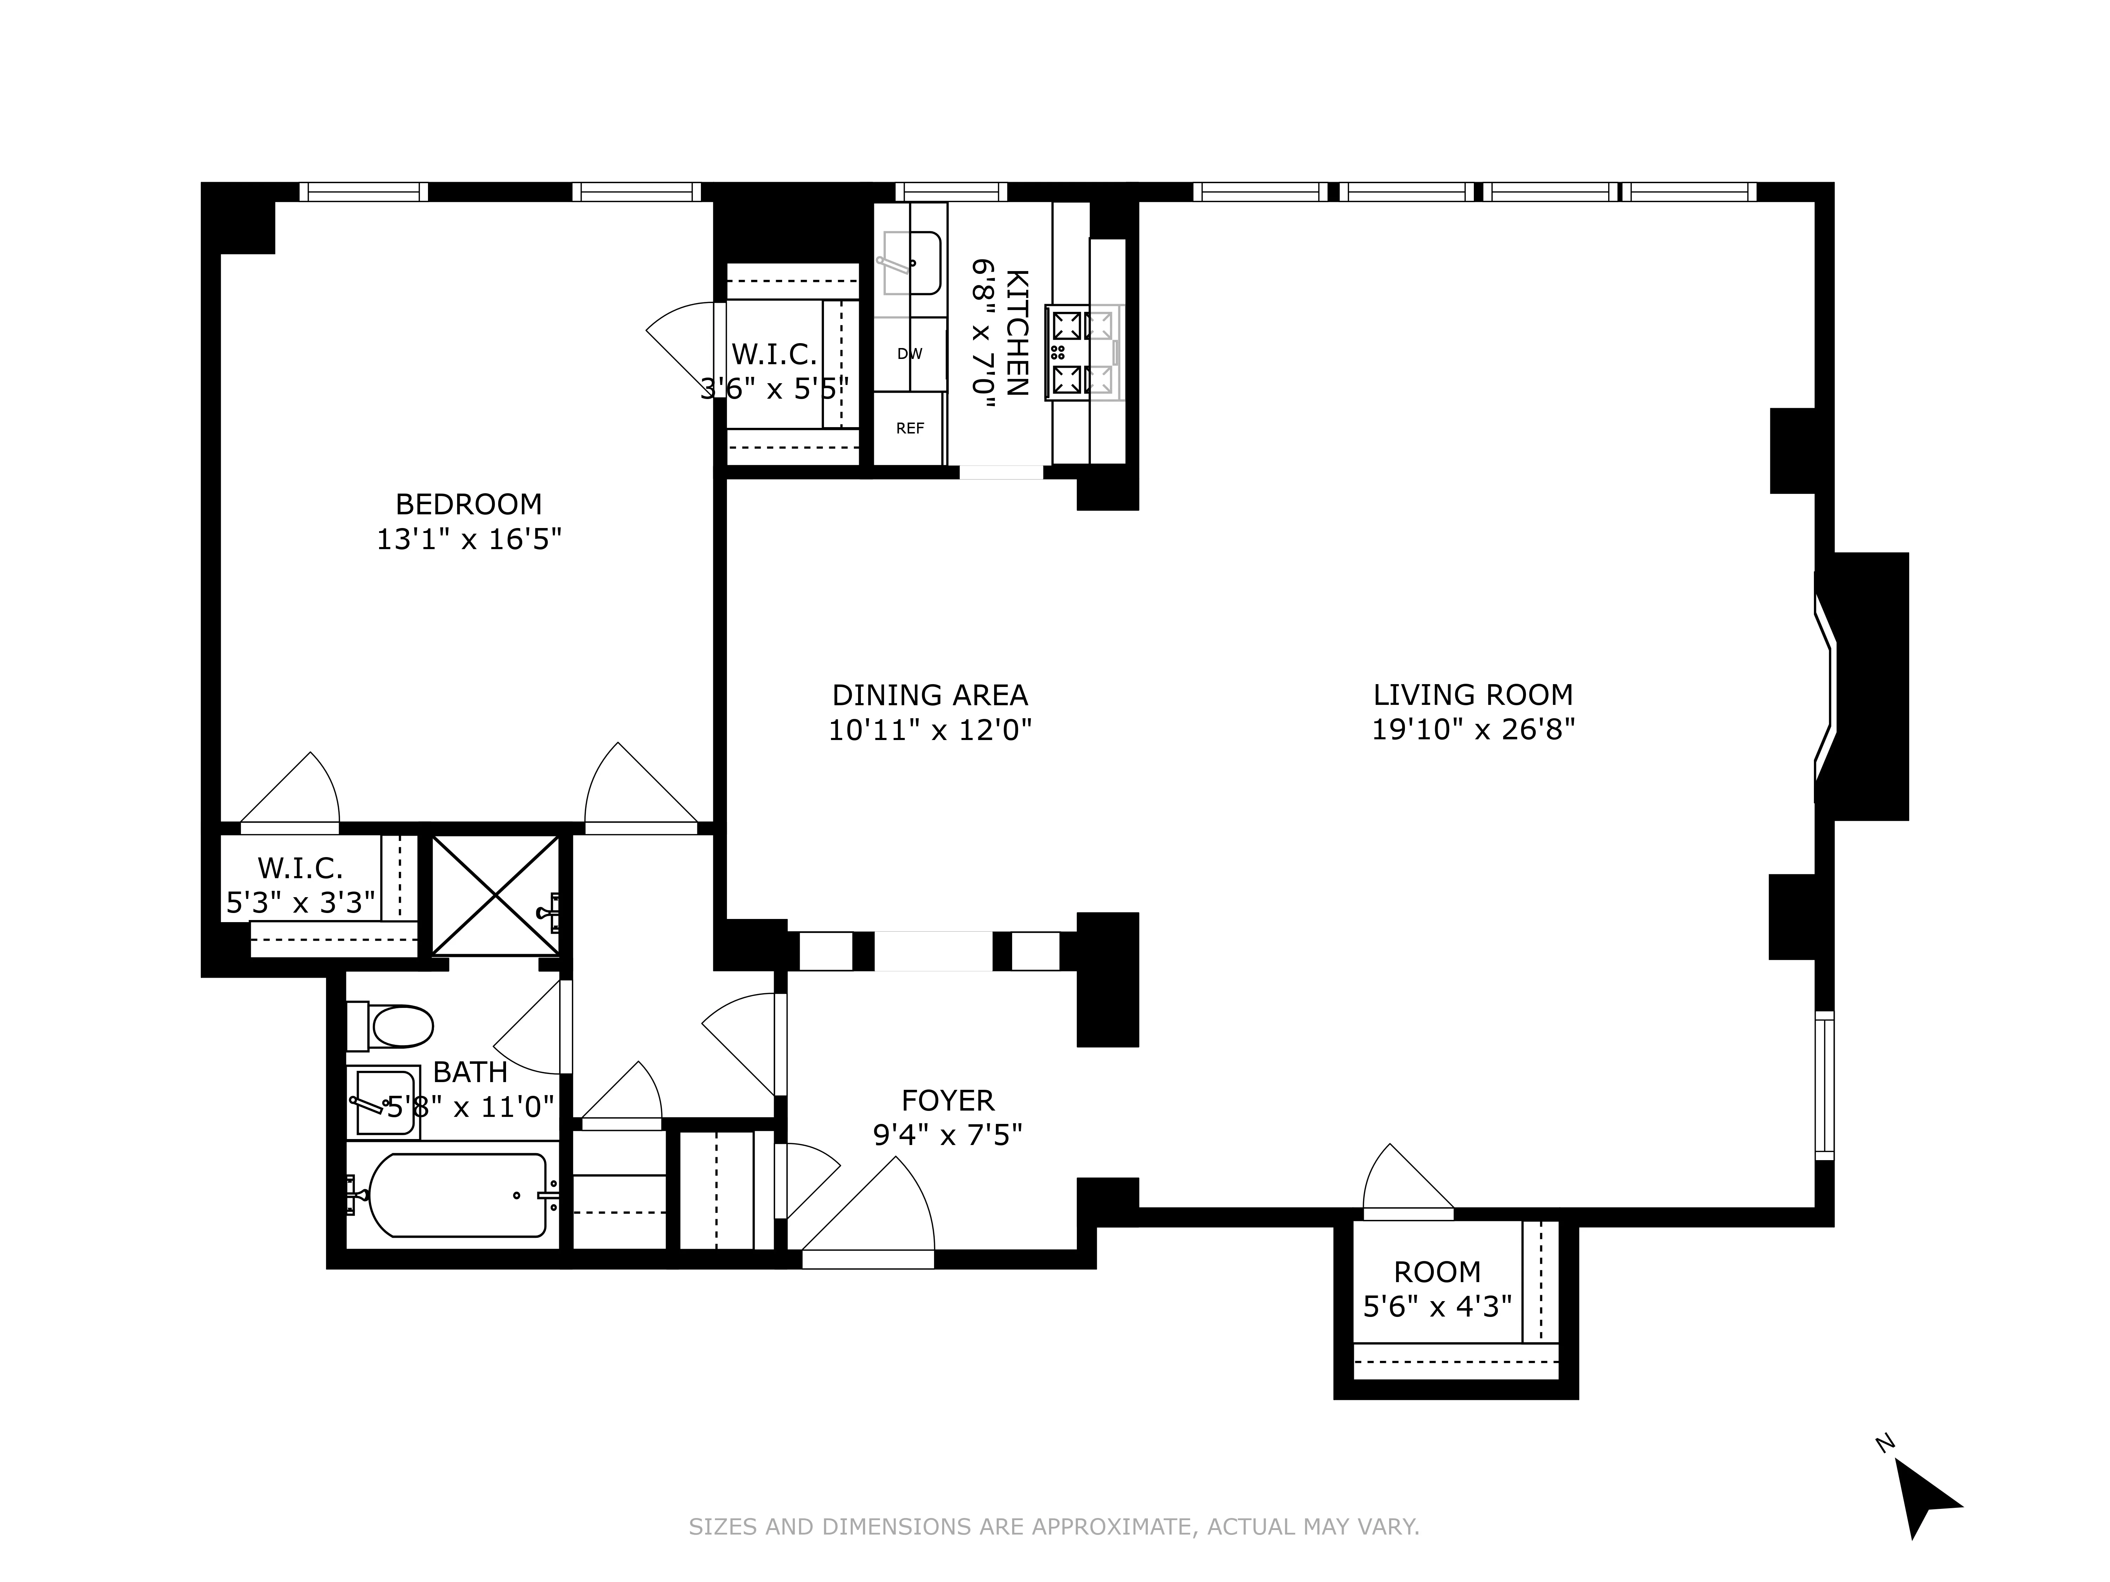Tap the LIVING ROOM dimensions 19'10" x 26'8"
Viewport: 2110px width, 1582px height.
(1473, 729)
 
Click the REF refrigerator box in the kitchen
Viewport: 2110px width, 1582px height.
(909, 428)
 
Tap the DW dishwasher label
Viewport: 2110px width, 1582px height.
(909, 354)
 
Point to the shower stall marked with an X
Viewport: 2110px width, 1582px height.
(495, 895)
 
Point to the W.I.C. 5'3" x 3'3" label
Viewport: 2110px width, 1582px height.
(300, 884)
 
